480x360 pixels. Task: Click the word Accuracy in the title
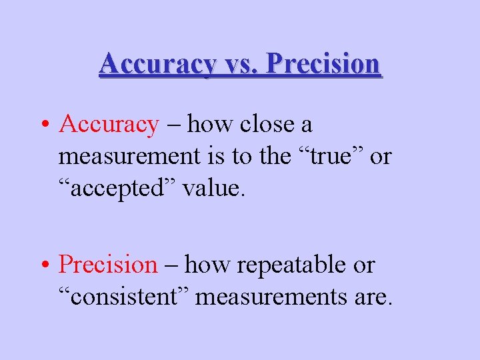click(x=157, y=64)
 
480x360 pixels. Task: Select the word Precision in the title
click(x=323, y=64)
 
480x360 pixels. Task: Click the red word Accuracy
click(x=109, y=124)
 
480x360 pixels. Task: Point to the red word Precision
click(x=107, y=265)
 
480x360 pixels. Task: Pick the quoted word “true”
click(x=328, y=157)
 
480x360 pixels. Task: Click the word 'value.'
click(x=214, y=189)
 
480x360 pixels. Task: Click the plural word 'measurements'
click(x=276, y=297)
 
